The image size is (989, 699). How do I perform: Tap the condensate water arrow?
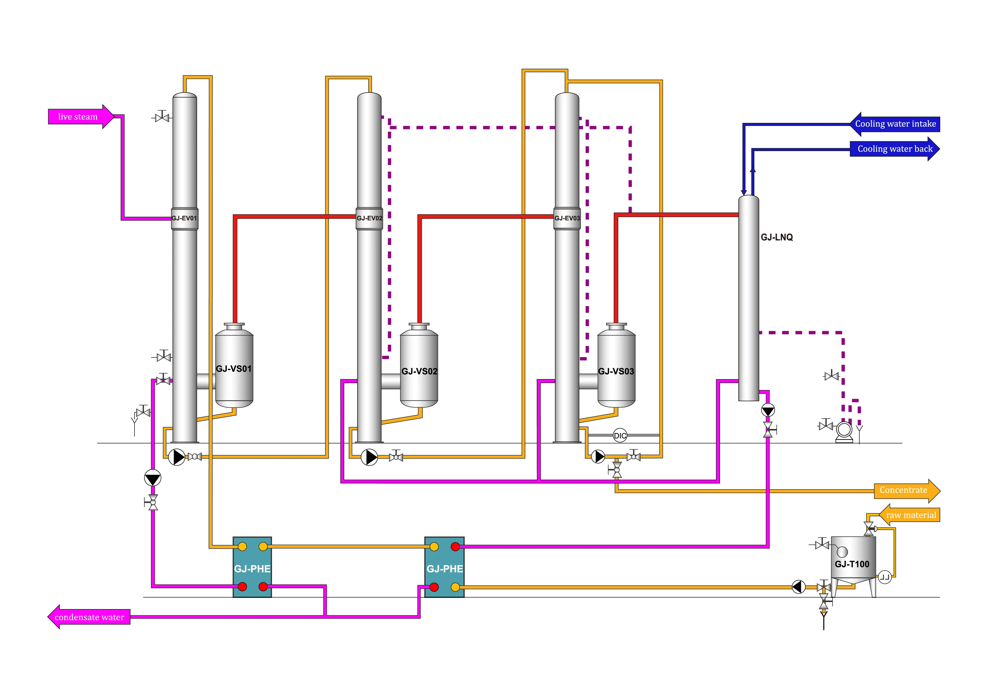89,617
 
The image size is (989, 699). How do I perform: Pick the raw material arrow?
909,515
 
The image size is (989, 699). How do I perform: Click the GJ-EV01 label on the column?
184,218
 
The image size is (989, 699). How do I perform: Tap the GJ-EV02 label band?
369,218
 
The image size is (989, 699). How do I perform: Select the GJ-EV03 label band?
567,218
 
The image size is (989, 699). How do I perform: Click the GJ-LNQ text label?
777,237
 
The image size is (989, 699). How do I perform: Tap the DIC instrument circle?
620,436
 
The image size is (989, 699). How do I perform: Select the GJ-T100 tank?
853,560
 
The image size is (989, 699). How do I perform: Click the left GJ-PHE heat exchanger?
252,567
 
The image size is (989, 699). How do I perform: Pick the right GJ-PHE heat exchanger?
445,567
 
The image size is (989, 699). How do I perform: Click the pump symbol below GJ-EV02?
369,457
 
